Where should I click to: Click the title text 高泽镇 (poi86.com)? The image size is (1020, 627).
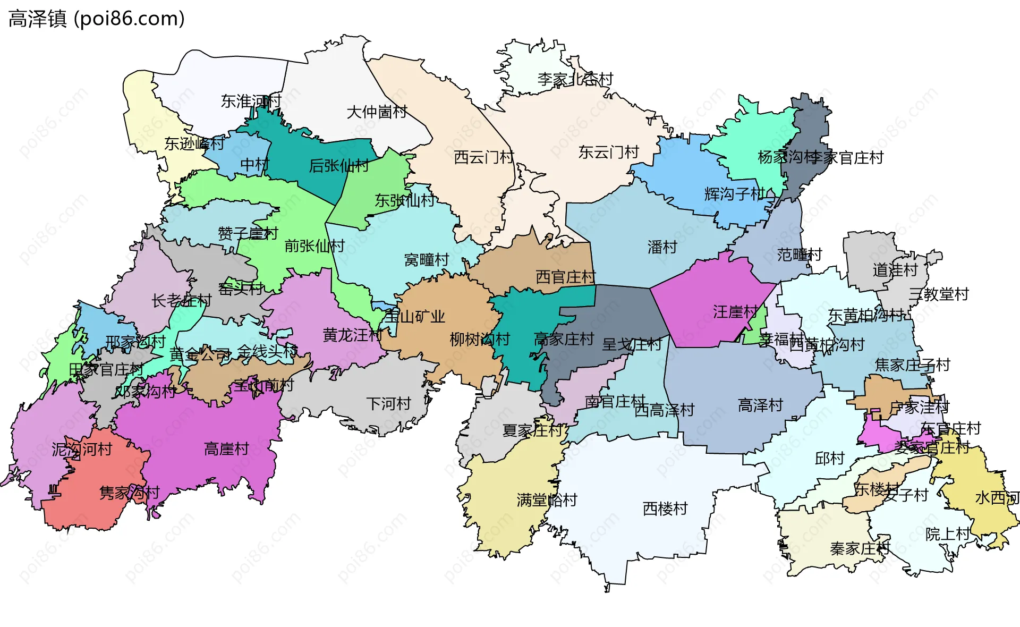click(97, 19)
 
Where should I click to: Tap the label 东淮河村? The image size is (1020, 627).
click(251, 101)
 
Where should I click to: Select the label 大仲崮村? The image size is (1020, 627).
click(377, 112)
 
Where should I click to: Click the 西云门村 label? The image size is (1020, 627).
click(484, 157)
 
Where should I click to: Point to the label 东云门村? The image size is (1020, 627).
click(608, 152)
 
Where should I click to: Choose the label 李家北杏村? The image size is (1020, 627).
click(575, 80)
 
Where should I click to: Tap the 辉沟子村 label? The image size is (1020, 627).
click(735, 194)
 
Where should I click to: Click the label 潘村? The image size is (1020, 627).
click(662, 247)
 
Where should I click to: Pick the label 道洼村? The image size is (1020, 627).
click(895, 270)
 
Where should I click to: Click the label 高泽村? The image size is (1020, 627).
click(760, 405)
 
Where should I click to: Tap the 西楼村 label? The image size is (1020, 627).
click(665, 509)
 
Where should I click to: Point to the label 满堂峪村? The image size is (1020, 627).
click(547, 500)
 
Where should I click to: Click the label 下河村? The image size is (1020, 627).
click(388, 404)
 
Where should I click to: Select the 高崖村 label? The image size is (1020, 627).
click(226, 449)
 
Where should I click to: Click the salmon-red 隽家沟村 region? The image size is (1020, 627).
click(96, 499)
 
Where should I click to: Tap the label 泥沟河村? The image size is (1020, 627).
click(82, 450)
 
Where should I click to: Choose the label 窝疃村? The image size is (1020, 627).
click(427, 260)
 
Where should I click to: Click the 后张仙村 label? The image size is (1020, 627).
click(339, 166)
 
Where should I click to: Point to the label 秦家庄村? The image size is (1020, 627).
click(859, 548)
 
